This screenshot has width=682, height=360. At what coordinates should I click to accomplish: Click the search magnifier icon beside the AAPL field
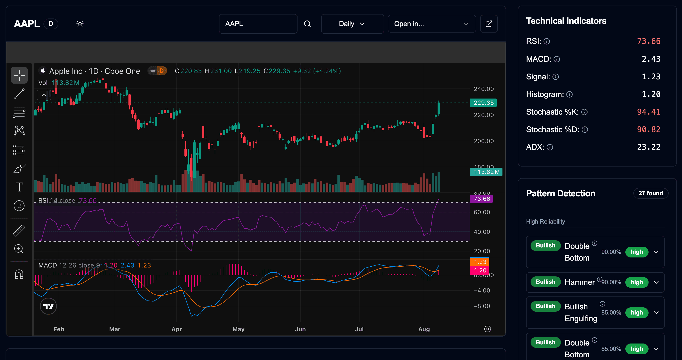(x=307, y=24)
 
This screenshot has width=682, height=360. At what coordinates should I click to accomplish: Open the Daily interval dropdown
(x=352, y=24)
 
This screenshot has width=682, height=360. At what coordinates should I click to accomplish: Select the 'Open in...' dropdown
(x=432, y=24)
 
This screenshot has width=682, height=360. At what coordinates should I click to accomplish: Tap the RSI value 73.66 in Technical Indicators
(x=648, y=41)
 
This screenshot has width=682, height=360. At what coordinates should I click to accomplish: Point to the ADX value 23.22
(x=648, y=147)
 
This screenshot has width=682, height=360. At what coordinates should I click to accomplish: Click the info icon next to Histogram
(x=569, y=95)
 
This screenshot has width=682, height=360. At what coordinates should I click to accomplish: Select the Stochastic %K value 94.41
(x=648, y=112)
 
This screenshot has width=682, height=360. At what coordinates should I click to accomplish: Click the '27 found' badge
(x=651, y=193)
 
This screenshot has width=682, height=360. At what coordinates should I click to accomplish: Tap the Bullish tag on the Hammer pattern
(x=545, y=282)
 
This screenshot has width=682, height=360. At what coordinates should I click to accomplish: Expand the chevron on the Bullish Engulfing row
(x=656, y=313)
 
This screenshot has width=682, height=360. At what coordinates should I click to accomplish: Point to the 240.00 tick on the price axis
(x=484, y=89)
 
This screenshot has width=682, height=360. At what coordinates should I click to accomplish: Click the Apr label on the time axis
(x=177, y=329)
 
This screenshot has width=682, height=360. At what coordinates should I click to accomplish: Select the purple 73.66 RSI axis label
(x=481, y=199)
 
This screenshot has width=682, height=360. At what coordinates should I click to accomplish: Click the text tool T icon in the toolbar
(x=19, y=187)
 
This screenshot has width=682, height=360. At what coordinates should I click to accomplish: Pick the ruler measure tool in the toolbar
(x=19, y=230)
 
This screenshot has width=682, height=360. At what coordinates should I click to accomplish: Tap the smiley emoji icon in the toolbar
(x=19, y=206)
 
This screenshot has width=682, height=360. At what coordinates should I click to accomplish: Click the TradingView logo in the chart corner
(x=48, y=306)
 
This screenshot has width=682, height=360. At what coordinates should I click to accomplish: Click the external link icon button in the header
(x=489, y=24)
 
